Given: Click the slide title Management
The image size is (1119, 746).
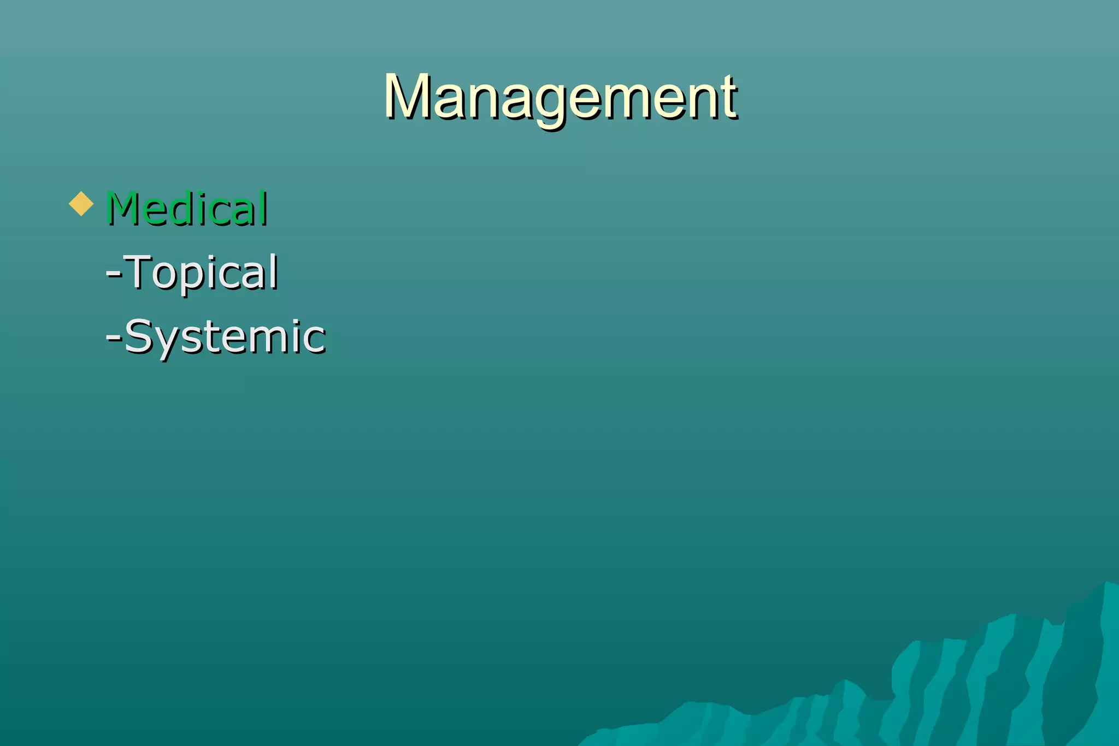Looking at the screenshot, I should (x=560, y=97).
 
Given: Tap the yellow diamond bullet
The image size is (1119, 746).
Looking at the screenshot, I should (x=81, y=204).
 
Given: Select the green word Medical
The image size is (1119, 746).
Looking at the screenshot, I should (x=187, y=209).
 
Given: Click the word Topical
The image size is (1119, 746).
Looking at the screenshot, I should (x=202, y=272).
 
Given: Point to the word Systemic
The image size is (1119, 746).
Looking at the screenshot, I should (x=225, y=336).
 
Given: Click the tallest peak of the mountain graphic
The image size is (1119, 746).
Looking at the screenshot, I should (x=1106, y=584).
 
